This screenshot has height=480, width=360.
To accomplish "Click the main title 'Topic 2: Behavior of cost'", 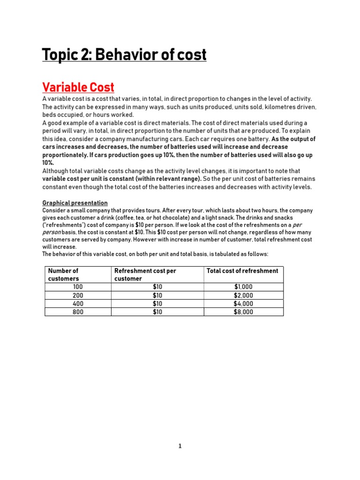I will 124,55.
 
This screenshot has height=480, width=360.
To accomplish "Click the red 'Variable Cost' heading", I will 78,87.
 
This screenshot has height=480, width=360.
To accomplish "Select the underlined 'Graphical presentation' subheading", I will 75,203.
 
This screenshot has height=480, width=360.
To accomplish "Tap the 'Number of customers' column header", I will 63,274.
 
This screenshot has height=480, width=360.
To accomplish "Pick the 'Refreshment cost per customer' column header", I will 145,274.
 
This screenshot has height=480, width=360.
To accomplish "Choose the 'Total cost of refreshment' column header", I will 243,270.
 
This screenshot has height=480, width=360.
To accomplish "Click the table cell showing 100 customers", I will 78,287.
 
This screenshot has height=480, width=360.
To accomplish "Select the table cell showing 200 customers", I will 78,295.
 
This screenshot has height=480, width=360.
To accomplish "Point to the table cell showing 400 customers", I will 78,303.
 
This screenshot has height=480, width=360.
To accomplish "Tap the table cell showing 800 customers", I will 78,312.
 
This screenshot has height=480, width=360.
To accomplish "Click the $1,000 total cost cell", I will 243,287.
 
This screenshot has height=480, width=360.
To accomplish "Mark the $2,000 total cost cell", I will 243,295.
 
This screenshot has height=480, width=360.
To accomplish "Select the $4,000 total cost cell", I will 243,303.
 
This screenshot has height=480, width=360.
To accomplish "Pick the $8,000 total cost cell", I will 243,312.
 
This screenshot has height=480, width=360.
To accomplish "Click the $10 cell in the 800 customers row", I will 157,312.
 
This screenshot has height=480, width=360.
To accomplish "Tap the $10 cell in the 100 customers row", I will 157,287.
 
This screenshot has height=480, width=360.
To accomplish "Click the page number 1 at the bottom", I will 180,446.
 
